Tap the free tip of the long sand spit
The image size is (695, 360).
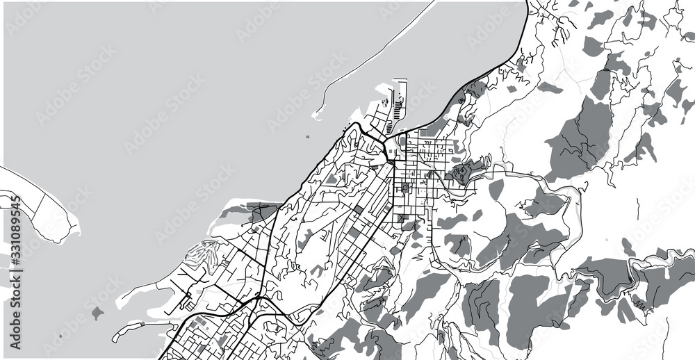315,115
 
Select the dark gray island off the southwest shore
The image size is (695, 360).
97,313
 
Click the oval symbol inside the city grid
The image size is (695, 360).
405,188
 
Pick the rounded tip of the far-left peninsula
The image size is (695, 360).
72,227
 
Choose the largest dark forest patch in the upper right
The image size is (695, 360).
580,139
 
